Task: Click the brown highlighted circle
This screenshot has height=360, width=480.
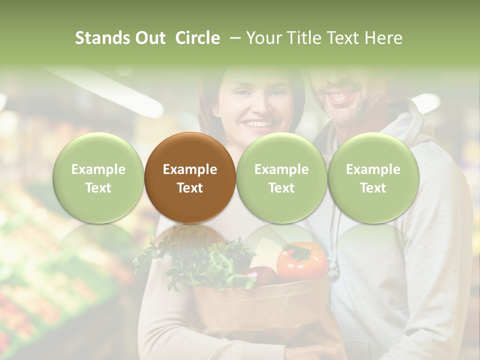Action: (x=190, y=177)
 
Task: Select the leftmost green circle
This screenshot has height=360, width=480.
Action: (x=98, y=177)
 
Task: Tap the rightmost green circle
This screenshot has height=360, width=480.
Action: (x=373, y=177)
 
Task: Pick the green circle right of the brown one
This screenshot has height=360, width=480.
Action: (x=281, y=177)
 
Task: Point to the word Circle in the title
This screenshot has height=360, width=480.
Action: (x=197, y=38)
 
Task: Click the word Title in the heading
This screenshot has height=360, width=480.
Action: (x=307, y=38)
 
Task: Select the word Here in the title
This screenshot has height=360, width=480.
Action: (x=383, y=38)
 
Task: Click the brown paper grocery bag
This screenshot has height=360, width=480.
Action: (x=260, y=310)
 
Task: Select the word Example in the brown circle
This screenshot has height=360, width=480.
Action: (x=190, y=169)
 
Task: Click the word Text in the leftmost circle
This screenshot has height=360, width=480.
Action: (x=98, y=188)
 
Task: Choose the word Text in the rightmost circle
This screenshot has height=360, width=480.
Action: (x=373, y=188)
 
